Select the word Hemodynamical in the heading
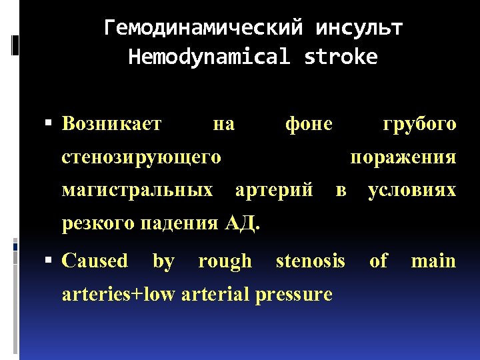point(209,57)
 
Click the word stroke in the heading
point(341,57)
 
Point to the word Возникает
point(111,123)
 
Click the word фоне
point(309,123)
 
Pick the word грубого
point(419,123)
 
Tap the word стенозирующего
point(141,157)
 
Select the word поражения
point(403,157)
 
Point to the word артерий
point(275,191)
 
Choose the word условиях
point(412,191)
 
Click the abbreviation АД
point(241,223)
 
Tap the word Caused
point(95,261)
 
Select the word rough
point(225,261)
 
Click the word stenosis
point(311,261)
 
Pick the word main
point(433,261)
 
